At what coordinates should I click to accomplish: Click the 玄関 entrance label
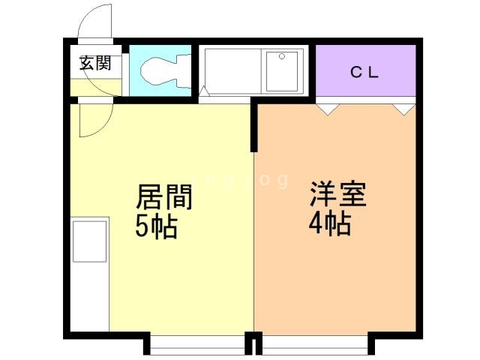(95, 64)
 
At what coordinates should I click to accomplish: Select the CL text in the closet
(366, 73)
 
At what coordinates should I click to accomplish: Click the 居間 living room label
(164, 199)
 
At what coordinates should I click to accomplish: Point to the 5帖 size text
(157, 226)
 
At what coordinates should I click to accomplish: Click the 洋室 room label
(338, 196)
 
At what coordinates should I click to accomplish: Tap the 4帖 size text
(330, 223)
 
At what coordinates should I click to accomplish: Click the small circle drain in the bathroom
(282, 56)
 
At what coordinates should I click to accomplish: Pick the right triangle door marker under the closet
(403, 109)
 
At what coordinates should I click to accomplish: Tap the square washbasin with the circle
(282, 70)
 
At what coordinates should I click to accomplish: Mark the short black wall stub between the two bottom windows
(254, 346)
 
